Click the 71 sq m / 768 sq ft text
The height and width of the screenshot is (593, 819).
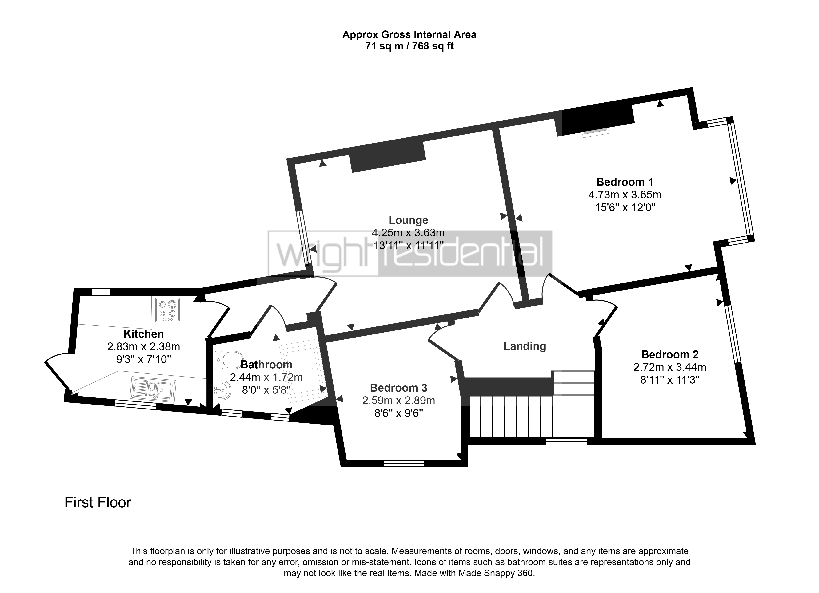tap(409, 46)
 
